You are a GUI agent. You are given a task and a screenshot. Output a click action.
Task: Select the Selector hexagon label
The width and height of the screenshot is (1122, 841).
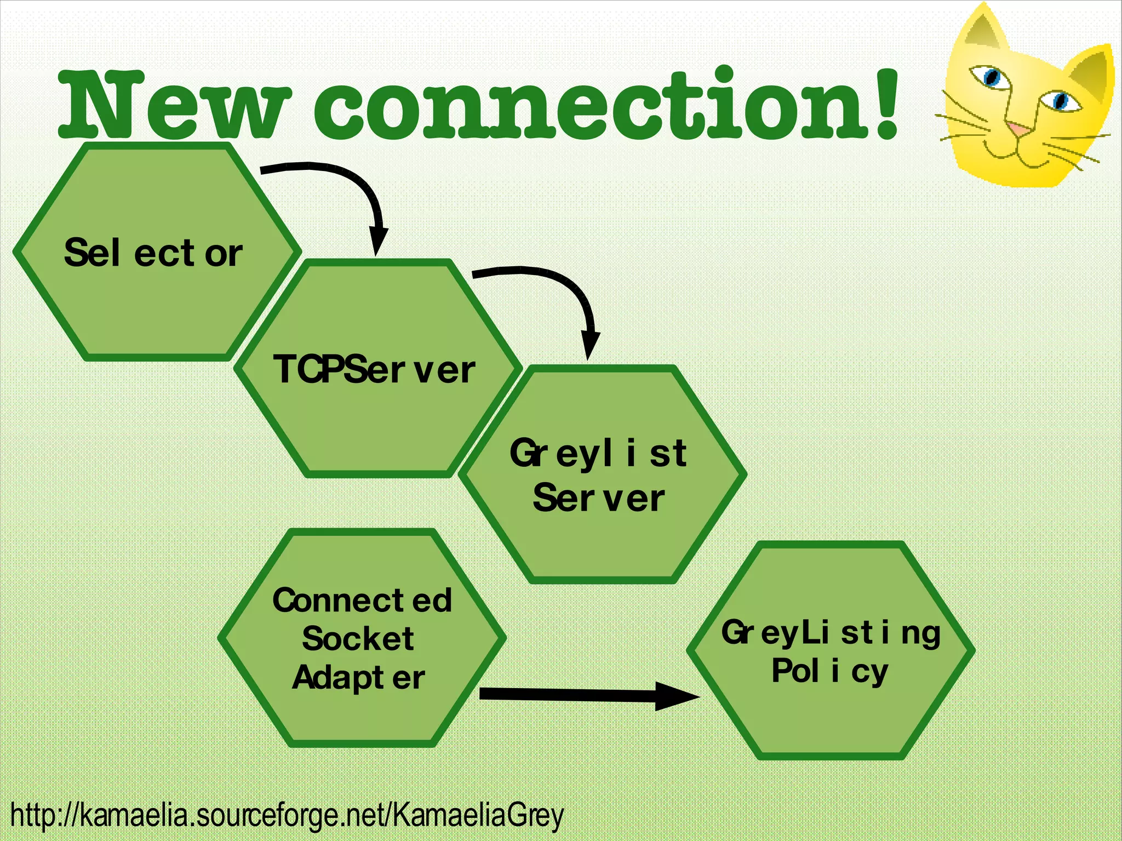tap(153, 253)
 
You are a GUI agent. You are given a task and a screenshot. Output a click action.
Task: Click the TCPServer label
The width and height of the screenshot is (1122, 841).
tap(374, 369)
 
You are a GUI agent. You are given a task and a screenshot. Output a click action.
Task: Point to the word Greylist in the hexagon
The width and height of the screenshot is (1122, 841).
tap(598, 454)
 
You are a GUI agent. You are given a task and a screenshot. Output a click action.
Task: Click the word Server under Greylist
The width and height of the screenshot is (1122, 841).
tap(599, 498)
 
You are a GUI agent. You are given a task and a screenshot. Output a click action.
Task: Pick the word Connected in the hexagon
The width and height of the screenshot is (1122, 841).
tap(362, 600)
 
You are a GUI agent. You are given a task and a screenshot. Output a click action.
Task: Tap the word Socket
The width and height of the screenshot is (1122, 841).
tap(358, 639)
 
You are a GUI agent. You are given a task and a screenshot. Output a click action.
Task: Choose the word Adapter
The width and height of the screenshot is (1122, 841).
tap(359, 678)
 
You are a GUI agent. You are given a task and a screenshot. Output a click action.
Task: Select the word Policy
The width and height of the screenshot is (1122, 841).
tap(830, 671)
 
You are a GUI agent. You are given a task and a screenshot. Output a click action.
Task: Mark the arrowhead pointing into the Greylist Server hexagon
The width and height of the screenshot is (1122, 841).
tap(589, 345)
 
